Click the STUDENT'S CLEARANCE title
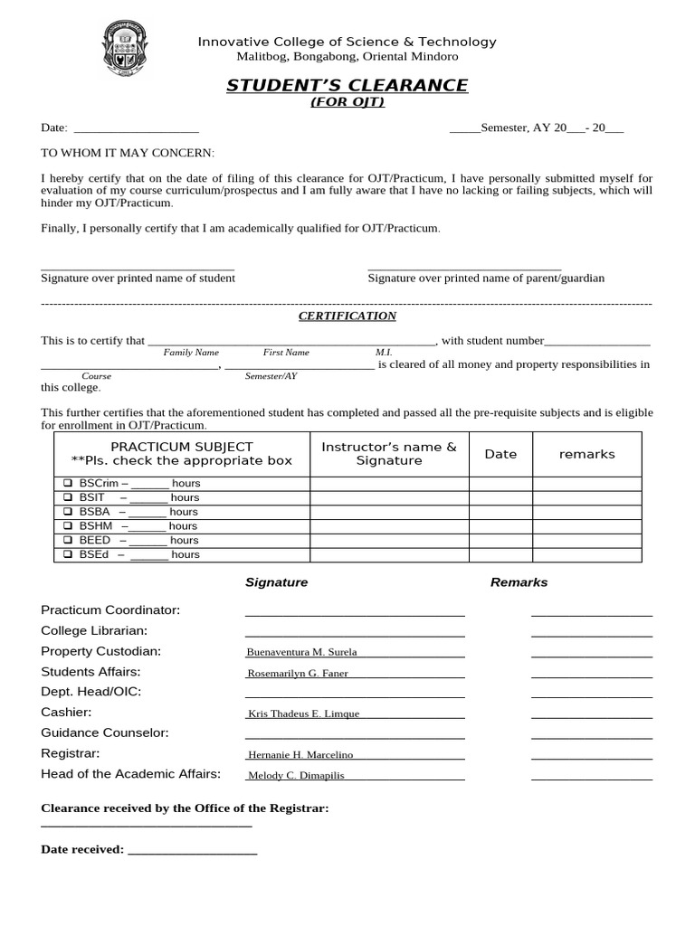pos(347,86)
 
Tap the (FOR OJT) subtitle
pos(347,102)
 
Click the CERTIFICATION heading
pos(347,316)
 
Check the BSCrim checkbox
pos(68,484)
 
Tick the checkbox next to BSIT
pos(68,497)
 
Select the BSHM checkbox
pos(68,526)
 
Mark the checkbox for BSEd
pos(68,554)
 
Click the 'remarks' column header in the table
pos(586,454)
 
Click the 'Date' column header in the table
pos(500,454)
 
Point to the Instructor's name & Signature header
pos(389,454)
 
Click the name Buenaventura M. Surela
pos(301,652)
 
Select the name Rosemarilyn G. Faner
pos(298,673)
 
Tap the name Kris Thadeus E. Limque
pos(303,713)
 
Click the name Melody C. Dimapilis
pos(296,775)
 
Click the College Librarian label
pos(94,630)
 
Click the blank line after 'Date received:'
pos(193,850)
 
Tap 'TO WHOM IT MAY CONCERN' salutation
pos(128,154)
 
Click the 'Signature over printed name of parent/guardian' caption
pos(486,279)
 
